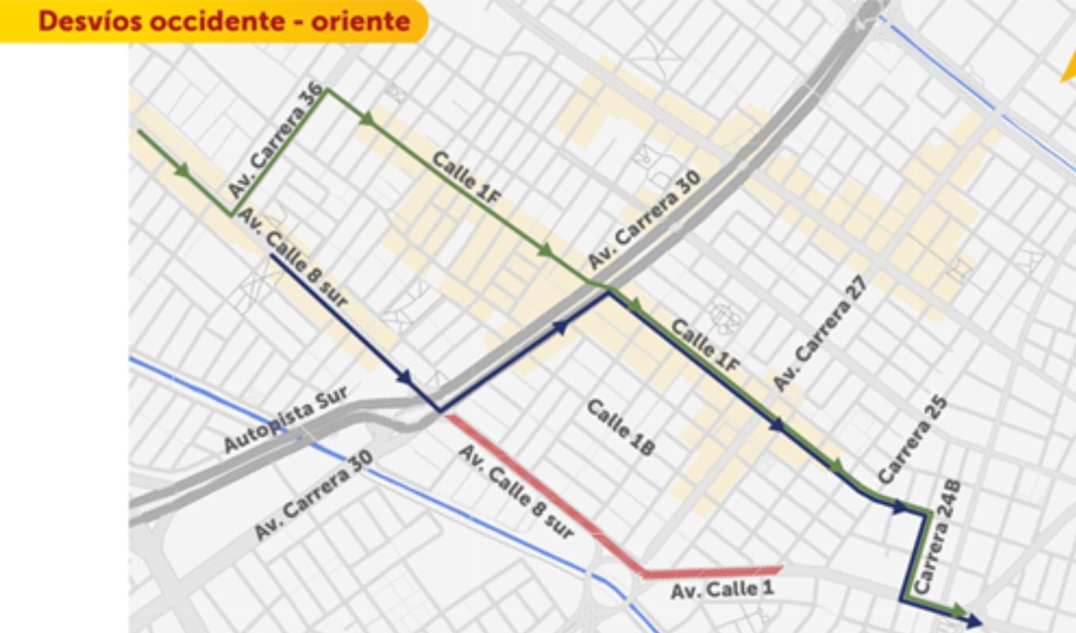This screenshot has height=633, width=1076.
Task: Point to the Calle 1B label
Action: (621, 427)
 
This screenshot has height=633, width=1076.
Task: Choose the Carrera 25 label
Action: (913, 440)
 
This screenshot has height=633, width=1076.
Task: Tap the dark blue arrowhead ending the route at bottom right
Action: (974, 622)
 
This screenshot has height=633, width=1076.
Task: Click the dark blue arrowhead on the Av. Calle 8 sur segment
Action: (405, 378)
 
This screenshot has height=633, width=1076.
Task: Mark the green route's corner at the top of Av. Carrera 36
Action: (328, 90)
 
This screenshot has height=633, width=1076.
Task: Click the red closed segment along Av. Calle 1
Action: (712, 571)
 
